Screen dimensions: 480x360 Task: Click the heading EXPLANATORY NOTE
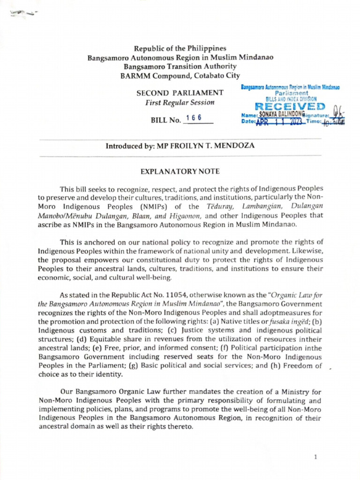point(180,172)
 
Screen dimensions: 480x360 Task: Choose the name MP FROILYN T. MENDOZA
point(217,146)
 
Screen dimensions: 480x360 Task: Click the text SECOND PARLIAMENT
point(180,93)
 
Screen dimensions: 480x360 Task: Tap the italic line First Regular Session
point(180,102)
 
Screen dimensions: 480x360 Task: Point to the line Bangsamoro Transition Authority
point(180,67)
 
